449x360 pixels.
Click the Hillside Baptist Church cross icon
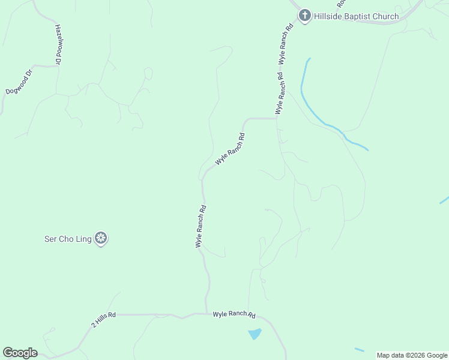pyautogui.click(x=305, y=16)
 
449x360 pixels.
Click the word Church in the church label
pyautogui.click(x=386, y=16)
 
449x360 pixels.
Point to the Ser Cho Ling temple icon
pyautogui.click(x=101, y=239)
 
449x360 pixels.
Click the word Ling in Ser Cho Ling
pyautogui.click(x=83, y=239)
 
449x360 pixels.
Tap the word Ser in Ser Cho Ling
pyautogui.click(x=50, y=239)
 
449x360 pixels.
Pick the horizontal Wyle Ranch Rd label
pyautogui.click(x=234, y=314)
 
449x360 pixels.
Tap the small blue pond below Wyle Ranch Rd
pyautogui.click(x=255, y=334)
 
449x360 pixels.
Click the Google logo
pyautogui.click(x=20, y=353)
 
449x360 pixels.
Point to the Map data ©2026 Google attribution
pyautogui.click(x=412, y=355)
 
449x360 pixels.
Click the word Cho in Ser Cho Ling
pyautogui.click(x=67, y=239)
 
